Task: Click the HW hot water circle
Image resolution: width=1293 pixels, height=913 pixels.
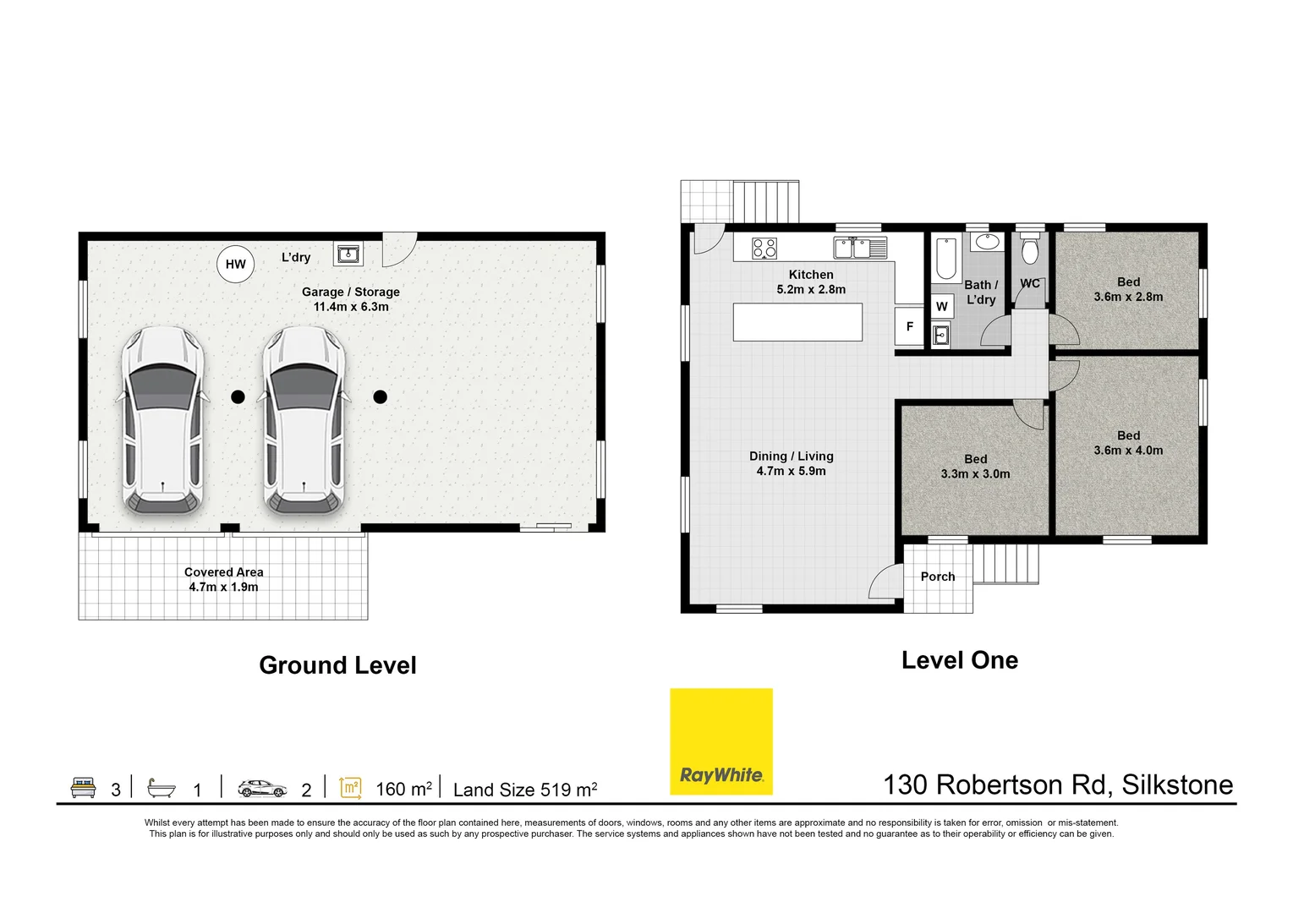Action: coord(235,265)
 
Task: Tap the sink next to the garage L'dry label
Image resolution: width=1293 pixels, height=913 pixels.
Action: coord(348,254)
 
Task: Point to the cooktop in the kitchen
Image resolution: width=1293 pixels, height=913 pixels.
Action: coord(764,249)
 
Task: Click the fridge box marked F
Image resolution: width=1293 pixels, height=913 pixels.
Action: coord(910,326)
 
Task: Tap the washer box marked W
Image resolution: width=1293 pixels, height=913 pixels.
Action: coord(941,307)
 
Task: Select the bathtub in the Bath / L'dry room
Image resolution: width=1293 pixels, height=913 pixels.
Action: coord(946,258)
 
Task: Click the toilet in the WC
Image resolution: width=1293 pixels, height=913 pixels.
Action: coord(1030,249)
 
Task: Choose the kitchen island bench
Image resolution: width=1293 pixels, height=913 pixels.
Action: coord(797,322)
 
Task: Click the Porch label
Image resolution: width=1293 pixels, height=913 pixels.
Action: coord(938,577)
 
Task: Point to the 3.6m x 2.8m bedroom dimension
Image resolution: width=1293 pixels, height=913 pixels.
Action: coord(1128,297)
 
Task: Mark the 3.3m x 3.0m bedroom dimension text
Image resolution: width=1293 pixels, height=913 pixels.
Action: coord(976,473)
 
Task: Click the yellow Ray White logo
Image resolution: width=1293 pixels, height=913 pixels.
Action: coord(721,741)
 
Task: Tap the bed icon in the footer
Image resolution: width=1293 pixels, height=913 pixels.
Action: coord(83,788)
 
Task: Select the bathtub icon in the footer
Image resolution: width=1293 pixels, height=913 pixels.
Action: coord(161,789)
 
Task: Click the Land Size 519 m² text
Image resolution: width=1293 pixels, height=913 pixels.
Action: coord(525,790)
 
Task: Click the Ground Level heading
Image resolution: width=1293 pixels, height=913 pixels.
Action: coord(337,665)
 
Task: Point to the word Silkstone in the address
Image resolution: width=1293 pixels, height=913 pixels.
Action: coord(1177,785)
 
